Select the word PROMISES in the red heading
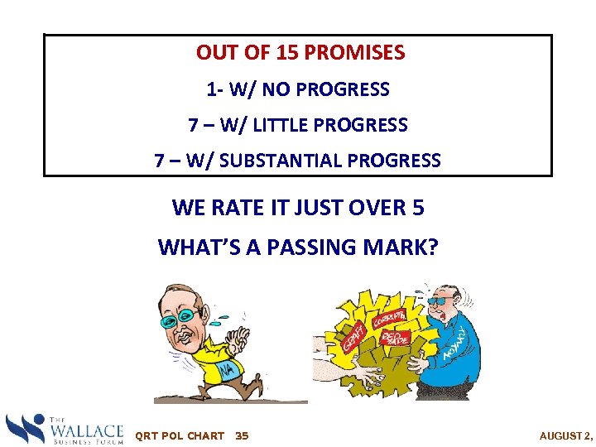[x=354, y=53]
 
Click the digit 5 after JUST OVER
[x=417, y=208]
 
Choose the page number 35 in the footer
[x=242, y=435]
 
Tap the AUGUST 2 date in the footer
[x=566, y=435]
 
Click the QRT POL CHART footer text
[x=179, y=435]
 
